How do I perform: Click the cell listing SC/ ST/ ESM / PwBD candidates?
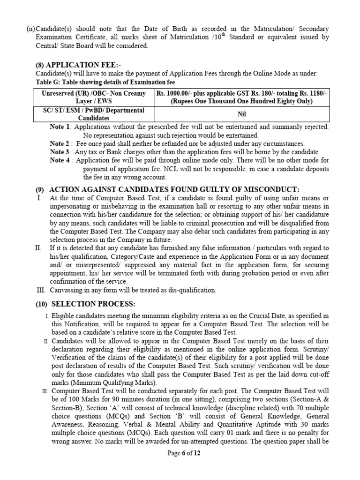pos(94,114)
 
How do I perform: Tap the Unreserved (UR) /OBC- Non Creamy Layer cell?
pos(94,97)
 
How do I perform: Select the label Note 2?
pos(60,144)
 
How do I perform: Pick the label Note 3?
pos(60,152)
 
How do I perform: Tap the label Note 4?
pos(60,160)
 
